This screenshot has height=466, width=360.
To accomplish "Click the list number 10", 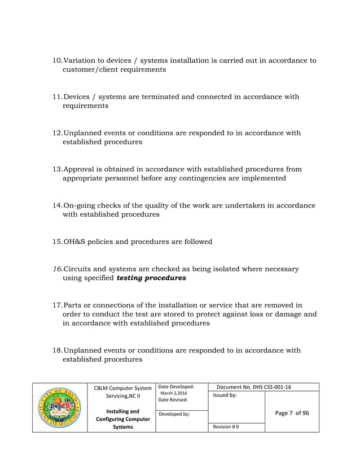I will (x=57, y=60).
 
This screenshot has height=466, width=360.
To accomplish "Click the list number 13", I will (x=57, y=169).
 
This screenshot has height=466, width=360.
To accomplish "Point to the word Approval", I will (x=80, y=169).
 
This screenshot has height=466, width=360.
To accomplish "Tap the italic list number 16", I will (x=57, y=269).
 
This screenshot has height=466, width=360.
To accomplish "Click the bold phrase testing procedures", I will (x=151, y=278).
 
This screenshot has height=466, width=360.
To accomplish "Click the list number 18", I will (x=57, y=350).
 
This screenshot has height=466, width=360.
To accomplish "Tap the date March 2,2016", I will (x=174, y=393).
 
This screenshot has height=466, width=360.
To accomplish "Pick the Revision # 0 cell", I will (x=226, y=427).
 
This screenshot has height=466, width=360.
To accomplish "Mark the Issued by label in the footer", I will (x=225, y=395).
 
